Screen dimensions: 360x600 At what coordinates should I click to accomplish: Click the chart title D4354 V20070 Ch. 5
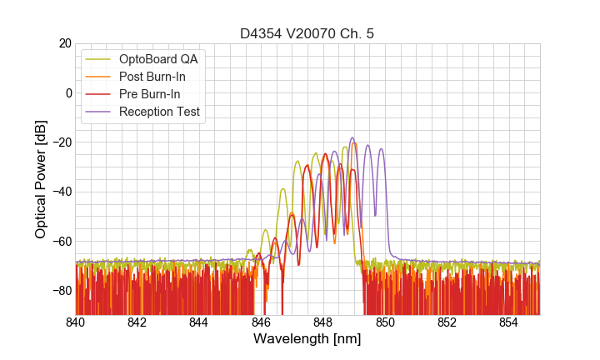307,33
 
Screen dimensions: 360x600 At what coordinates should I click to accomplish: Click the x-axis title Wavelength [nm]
307,339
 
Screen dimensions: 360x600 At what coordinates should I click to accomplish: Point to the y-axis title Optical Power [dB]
41,178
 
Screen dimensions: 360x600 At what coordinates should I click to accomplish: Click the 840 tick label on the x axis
76,322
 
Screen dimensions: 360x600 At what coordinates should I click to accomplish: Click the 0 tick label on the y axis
67,92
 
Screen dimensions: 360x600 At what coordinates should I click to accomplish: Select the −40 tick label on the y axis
60,192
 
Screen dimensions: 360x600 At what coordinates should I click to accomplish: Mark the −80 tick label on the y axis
60,291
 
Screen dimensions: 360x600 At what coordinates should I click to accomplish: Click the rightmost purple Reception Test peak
381,149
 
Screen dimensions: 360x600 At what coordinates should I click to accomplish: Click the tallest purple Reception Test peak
352,138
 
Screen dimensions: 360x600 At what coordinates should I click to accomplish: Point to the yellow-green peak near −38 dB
283,189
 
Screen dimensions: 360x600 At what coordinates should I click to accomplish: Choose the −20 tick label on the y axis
60,142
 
